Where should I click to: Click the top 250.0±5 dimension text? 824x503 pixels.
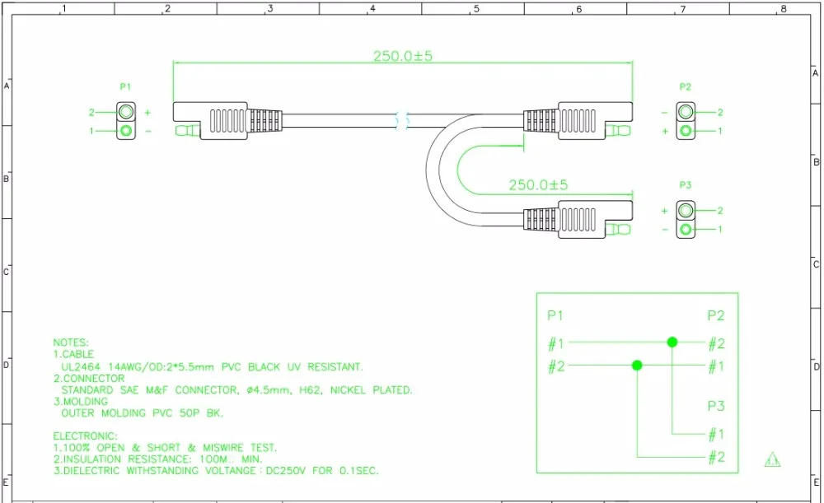[x=403, y=56]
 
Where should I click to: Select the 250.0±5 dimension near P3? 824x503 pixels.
[x=538, y=185]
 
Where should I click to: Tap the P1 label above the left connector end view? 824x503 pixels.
[x=125, y=86]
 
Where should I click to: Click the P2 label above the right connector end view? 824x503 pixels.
[x=686, y=86]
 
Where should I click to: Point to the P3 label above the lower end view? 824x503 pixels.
[x=686, y=185]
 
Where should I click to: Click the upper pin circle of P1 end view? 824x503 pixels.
[x=126, y=112]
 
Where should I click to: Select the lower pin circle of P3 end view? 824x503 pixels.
[x=686, y=230]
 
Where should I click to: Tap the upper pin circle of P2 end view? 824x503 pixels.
[x=686, y=111]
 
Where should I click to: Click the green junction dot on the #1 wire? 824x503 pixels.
[x=672, y=342]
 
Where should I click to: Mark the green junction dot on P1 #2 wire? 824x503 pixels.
[x=637, y=365]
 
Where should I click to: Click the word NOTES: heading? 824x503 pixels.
[x=71, y=342]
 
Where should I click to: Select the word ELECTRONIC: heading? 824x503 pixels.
[x=85, y=435]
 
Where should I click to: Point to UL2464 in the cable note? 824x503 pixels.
[x=81, y=366]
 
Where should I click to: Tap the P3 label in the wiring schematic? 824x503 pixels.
[x=716, y=406]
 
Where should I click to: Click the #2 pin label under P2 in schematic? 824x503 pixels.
[x=716, y=344]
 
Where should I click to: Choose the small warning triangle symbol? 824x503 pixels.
[x=773, y=459]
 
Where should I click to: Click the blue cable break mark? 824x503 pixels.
[x=403, y=121]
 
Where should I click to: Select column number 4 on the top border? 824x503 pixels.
[x=372, y=8]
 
